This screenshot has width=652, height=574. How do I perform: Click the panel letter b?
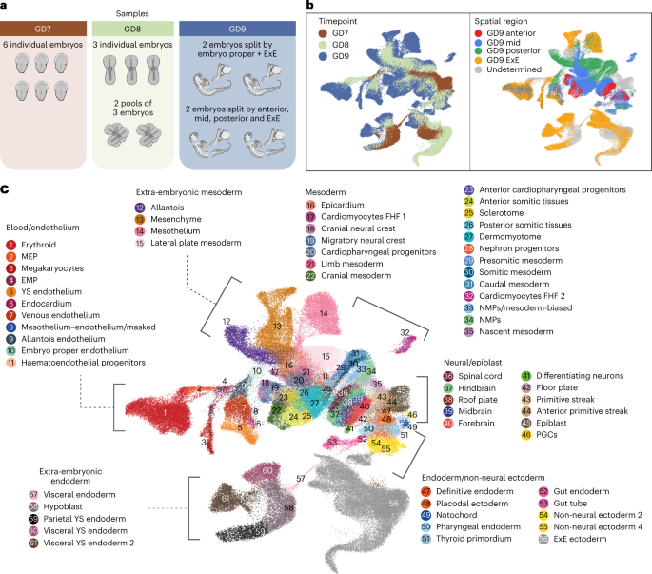pyautogui.click(x=309, y=7)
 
